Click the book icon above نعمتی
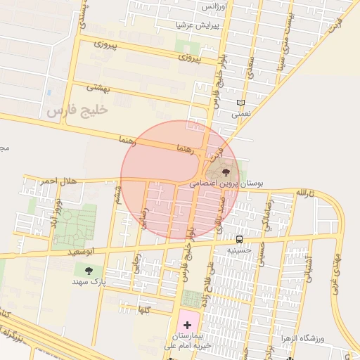coord(241,103)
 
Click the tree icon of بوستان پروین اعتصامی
coord(226,172)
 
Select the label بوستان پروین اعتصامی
coord(226,183)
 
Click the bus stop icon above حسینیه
coord(240,239)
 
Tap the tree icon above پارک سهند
coord(88,270)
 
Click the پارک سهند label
coord(88,281)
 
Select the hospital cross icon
coord(187,325)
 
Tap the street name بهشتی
coord(98,88)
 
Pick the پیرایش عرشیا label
coord(198,24)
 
